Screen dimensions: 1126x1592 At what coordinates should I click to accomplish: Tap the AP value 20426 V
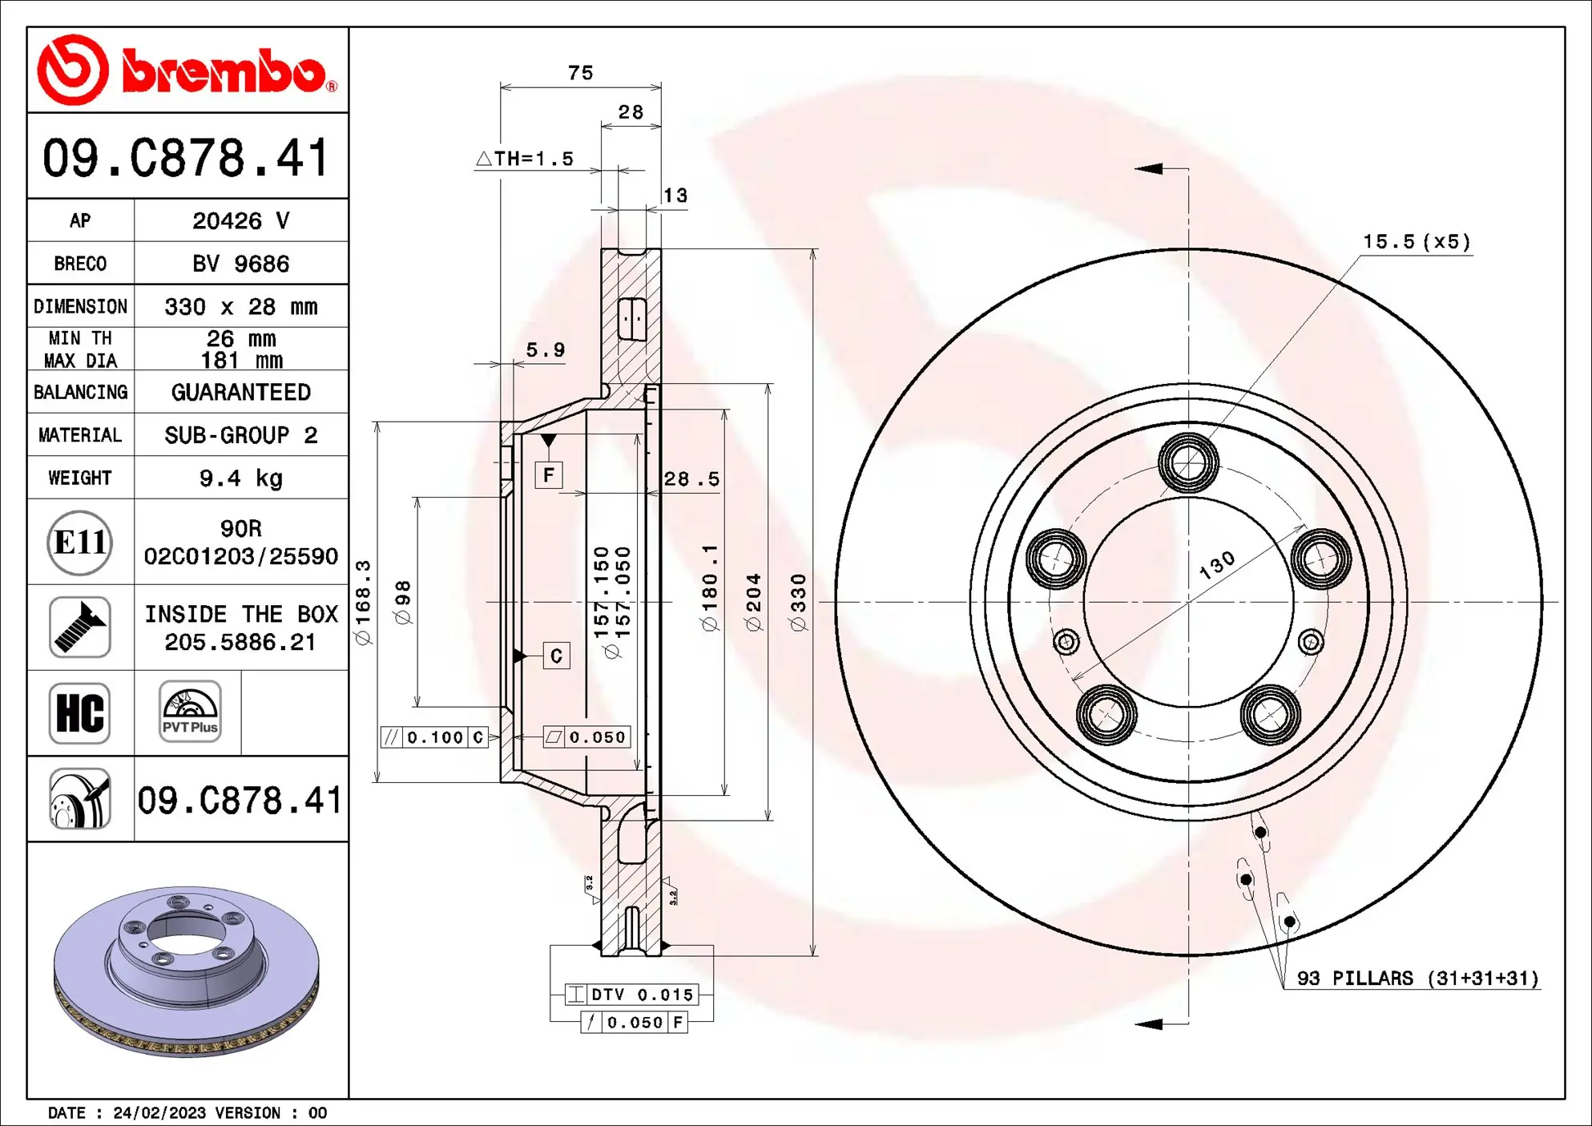point(240,221)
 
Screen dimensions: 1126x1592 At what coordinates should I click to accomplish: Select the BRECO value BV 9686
point(240,264)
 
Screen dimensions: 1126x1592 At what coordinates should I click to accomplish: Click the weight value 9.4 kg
point(240,478)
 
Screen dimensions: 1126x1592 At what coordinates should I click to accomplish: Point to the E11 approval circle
point(79,543)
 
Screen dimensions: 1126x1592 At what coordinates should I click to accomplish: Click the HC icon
point(79,713)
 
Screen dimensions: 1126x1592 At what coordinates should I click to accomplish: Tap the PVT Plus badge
point(189,712)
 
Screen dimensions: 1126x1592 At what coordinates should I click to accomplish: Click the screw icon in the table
point(79,628)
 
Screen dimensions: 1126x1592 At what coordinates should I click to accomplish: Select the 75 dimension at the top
point(580,73)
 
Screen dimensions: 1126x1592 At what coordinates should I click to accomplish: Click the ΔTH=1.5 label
point(526,159)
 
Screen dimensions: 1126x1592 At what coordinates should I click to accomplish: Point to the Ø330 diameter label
point(798,602)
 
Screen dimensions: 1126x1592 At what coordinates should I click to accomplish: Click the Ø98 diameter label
point(403,602)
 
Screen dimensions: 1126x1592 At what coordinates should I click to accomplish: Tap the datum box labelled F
point(549,475)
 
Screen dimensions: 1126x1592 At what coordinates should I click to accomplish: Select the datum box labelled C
point(556,656)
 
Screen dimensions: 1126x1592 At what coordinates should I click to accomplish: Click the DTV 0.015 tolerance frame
point(631,995)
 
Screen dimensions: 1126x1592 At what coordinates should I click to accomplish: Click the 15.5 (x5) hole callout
point(1417,242)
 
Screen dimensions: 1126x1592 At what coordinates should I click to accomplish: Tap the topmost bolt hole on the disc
point(1188,462)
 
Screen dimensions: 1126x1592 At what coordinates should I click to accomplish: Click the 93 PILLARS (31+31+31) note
point(1417,979)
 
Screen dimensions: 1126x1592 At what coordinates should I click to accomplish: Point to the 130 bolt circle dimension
point(1216,565)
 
